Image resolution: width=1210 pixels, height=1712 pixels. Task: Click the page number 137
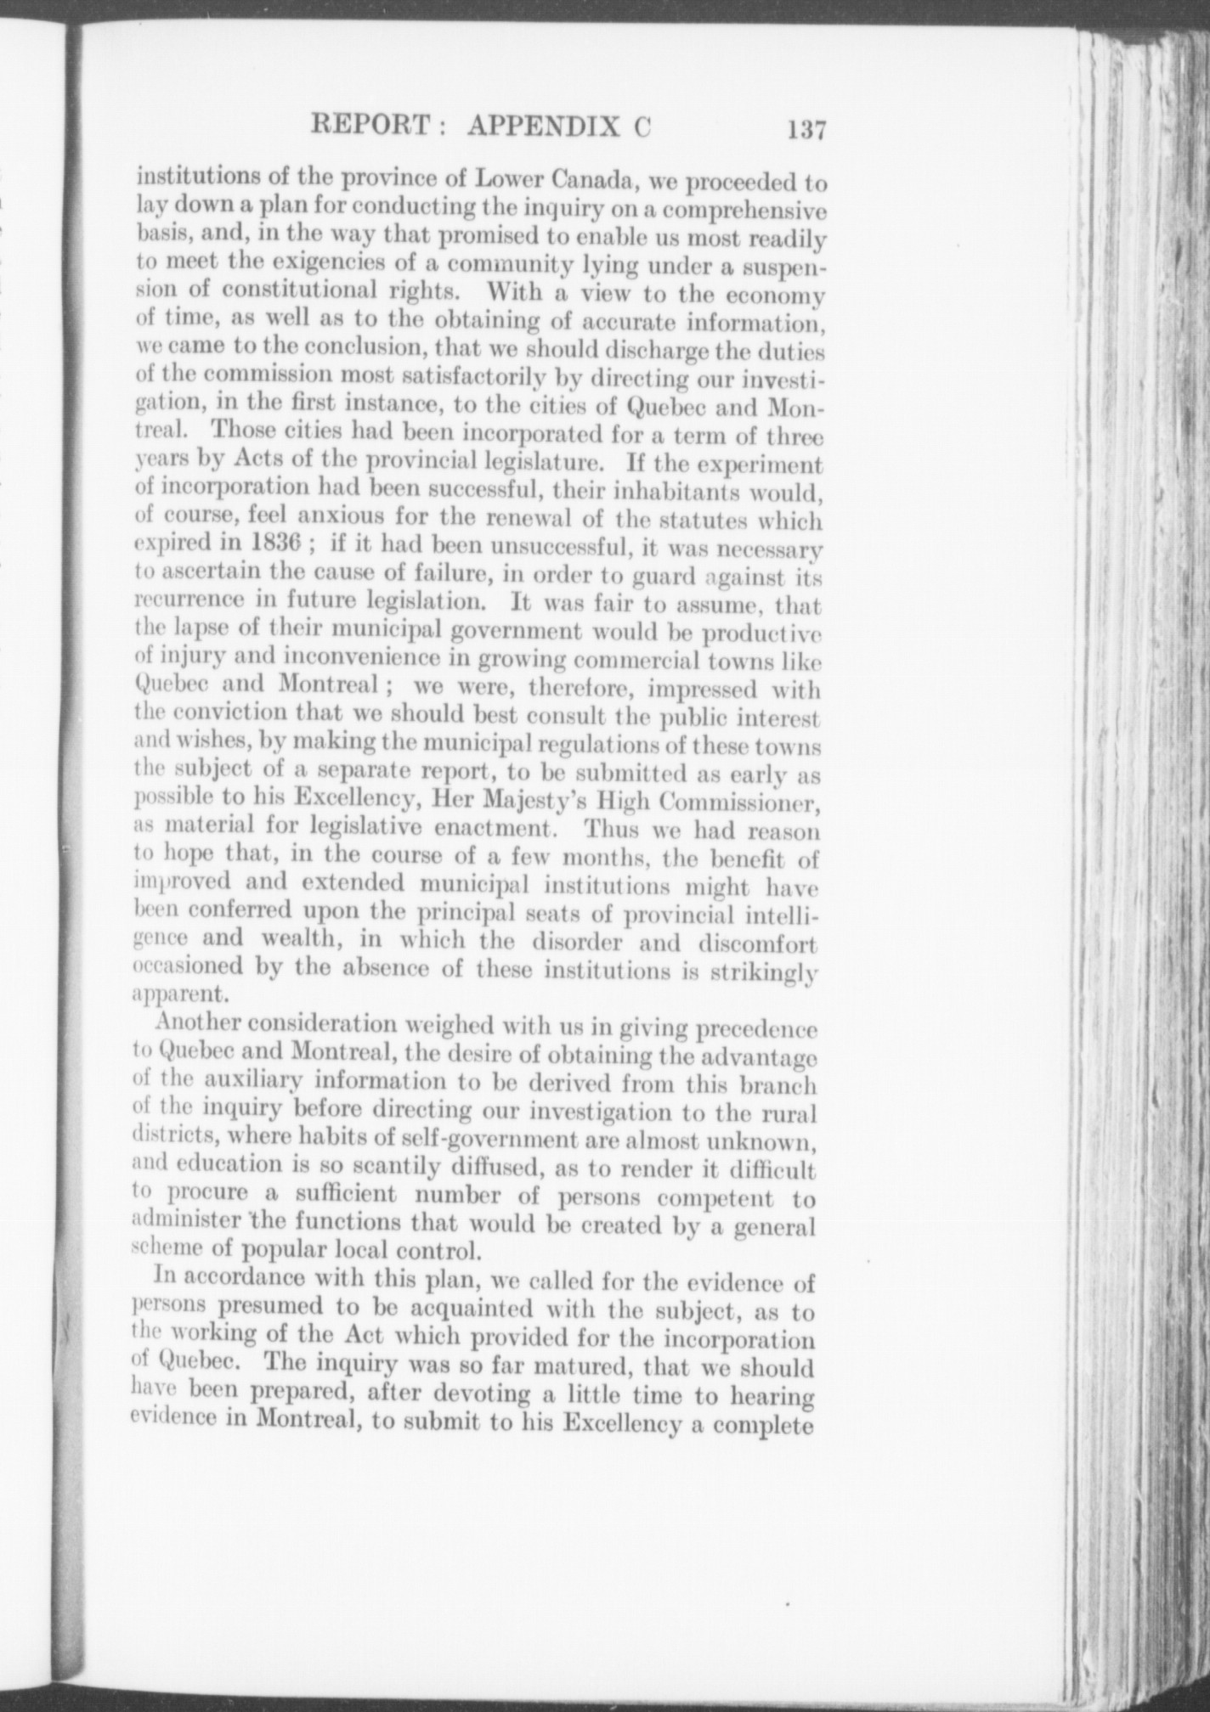point(806,132)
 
